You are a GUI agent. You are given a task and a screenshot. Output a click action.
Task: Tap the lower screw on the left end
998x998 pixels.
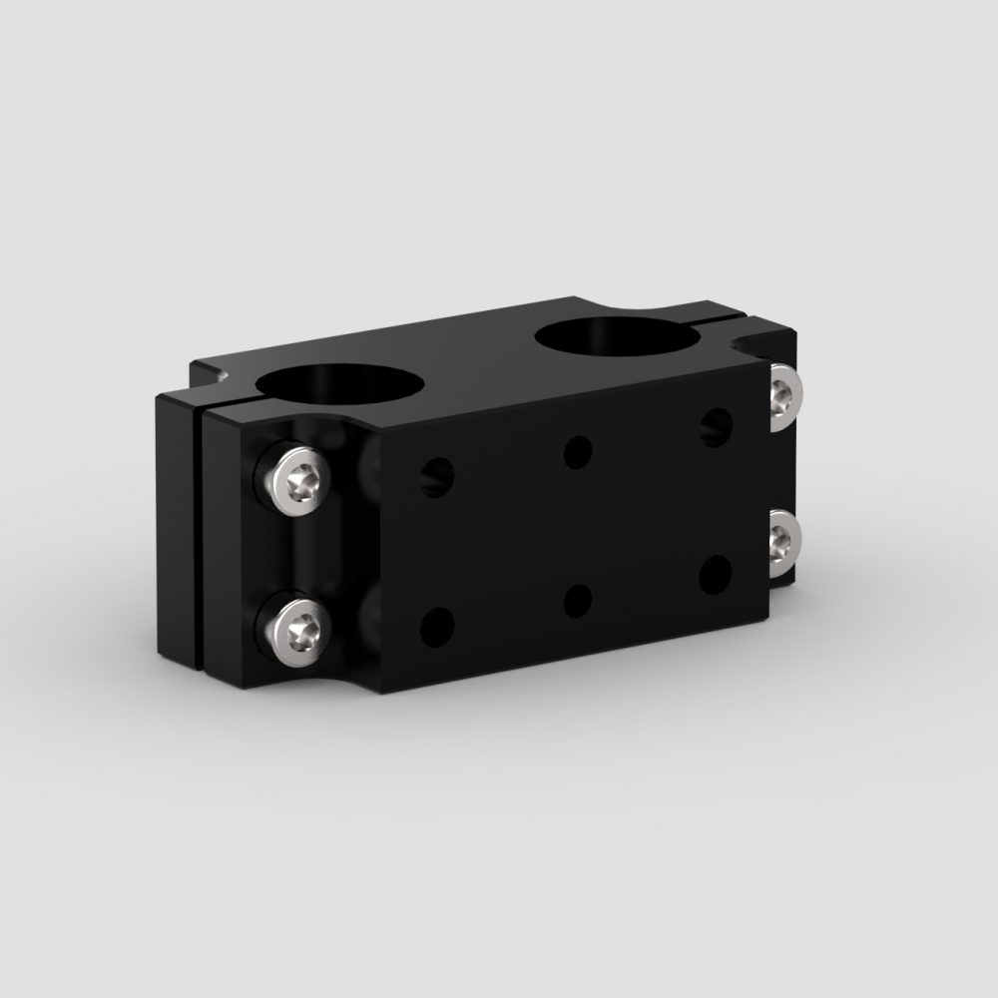point(296,627)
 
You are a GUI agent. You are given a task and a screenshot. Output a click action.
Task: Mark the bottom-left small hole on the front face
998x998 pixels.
point(435,627)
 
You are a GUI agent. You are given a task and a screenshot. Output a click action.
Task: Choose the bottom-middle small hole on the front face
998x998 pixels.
point(576,601)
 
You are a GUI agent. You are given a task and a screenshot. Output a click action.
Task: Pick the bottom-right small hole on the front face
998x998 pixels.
point(715,575)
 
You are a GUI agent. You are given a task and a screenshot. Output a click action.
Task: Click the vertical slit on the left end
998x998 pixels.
point(201,539)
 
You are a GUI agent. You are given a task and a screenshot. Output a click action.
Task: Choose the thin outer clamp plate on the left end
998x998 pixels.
point(177,529)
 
